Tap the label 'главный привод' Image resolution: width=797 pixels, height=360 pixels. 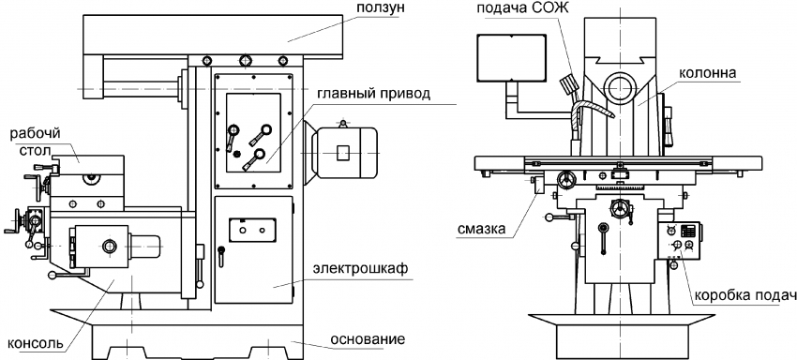[374, 94]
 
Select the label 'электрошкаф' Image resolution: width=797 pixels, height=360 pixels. [361, 269]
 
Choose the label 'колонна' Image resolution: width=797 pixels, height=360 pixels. [707, 73]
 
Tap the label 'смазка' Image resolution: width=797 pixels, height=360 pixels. [481, 229]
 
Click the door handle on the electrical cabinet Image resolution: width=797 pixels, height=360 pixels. [220, 255]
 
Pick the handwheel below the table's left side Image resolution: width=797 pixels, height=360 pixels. [566, 179]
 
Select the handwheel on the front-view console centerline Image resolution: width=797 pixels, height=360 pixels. [620, 208]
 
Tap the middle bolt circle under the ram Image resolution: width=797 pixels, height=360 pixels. [246, 60]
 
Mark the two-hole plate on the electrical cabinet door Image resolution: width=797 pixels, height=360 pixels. [252, 230]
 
